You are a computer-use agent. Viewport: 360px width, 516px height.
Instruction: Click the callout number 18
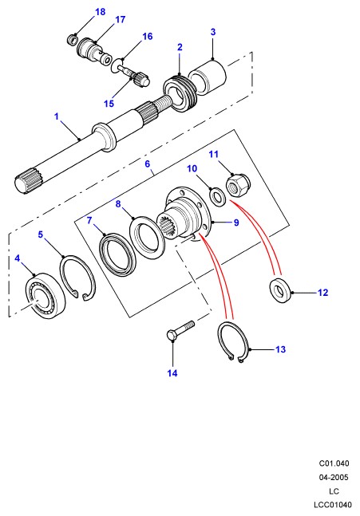[x=100, y=12]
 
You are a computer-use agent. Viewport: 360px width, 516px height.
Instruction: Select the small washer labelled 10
[x=217, y=197]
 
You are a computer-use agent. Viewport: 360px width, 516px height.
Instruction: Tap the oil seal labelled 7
[x=117, y=254]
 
